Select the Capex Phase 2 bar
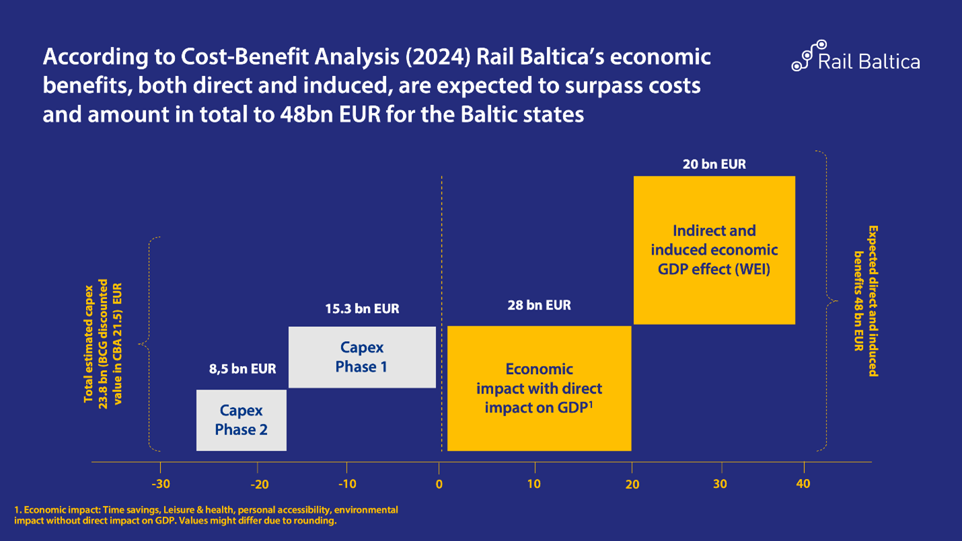tap(241, 420)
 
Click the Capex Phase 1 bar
tap(361, 357)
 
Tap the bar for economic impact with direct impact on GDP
tap(539, 388)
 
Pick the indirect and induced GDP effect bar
tap(714, 250)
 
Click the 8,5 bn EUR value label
tap(242, 369)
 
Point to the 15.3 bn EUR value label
tap(362, 310)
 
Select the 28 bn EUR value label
tap(539, 305)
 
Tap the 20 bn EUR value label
tap(714, 164)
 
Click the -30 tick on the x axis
tap(160, 484)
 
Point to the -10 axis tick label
tap(346, 484)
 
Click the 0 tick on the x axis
tap(439, 484)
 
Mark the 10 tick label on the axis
tap(534, 484)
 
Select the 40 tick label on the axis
tap(803, 484)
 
